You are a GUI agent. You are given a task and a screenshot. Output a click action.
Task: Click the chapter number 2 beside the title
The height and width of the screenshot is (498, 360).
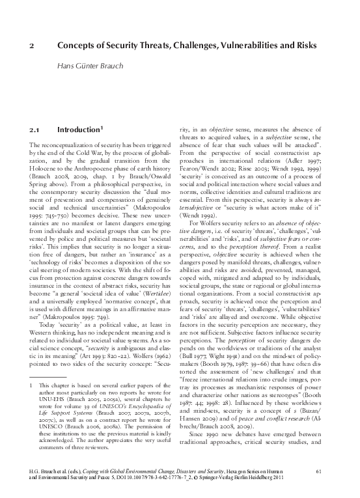coord(33,47)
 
